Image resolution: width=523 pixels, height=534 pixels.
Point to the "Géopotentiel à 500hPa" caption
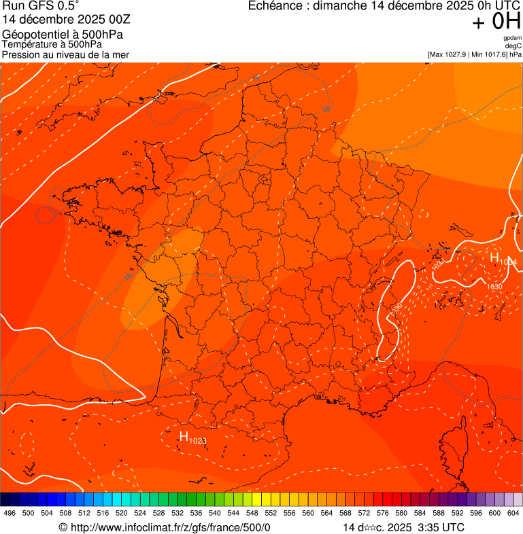coord(63,34)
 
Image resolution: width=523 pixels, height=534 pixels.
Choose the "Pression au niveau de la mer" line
coord(65,54)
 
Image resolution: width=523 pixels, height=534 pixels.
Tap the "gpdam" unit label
coord(512,38)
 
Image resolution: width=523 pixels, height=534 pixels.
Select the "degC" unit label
coord(513,46)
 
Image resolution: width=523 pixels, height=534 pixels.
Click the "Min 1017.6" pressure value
coord(490,54)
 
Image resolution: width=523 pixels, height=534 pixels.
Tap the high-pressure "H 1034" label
coord(503,259)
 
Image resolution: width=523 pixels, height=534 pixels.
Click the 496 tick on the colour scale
coord(10,514)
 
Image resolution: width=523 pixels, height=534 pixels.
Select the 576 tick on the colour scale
coord(383,514)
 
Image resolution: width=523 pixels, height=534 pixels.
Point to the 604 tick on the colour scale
coord(513,514)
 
